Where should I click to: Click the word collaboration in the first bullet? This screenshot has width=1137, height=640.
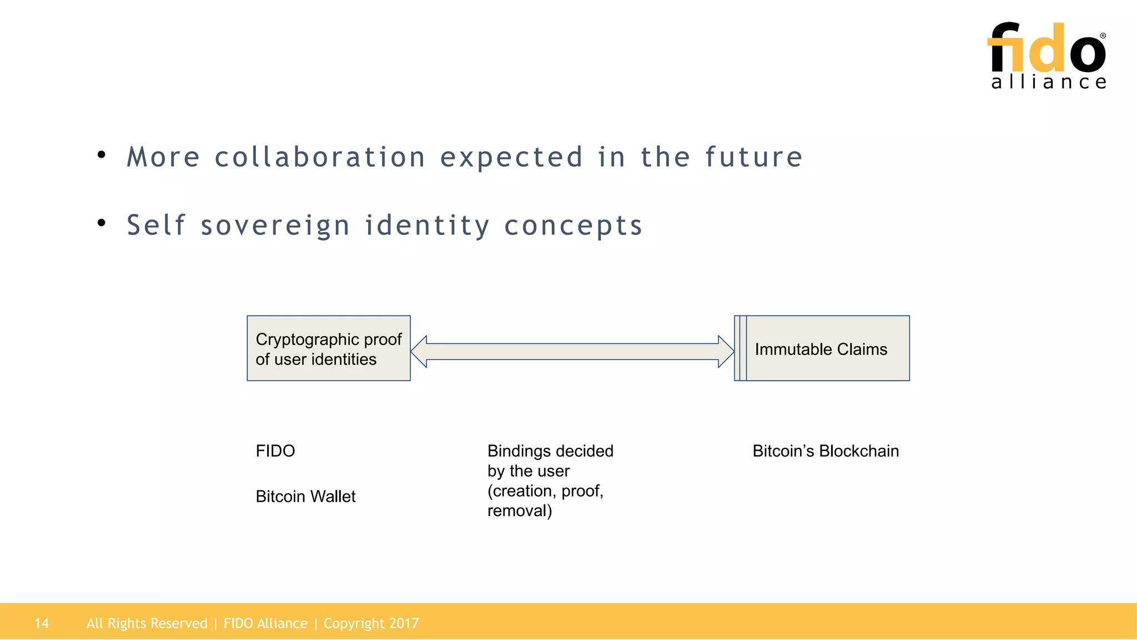pyautogui.click(x=320, y=157)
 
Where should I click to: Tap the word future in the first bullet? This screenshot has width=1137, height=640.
pyautogui.click(x=753, y=157)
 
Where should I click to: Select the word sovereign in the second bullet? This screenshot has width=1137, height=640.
pyautogui.click(x=275, y=226)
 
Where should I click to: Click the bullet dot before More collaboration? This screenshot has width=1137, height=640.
pyautogui.click(x=101, y=155)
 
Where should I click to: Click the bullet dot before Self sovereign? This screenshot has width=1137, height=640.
pyautogui.click(x=101, y=223)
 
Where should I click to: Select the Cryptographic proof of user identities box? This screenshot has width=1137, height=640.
pyautogui.click(x=329, y=348)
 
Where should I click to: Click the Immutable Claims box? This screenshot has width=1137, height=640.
pyautogui.click(x=822, y=348)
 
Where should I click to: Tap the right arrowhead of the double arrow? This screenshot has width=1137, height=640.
pyautogui.click(x=726, y=352)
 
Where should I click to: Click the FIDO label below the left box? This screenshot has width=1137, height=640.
pyautogui.click(x=275, y=451)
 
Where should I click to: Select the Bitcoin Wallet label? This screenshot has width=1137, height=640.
pyautogui.click(x=305, y=496)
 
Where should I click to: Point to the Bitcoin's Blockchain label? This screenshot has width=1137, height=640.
pyautogui.click(x=826, y=451)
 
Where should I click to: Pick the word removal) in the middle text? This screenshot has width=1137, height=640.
pyautogui.click(x=520, y=511)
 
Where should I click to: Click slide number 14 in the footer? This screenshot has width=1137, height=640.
pyautogui.click(x=42, y=623)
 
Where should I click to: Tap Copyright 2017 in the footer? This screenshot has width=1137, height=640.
pyautogui.click(x=371, y=623)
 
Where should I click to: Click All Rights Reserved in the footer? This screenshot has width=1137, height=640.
pyautogui.click(x=147, y=623)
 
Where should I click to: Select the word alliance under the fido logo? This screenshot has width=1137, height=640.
pyautogui.click(x=1049, y=82)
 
